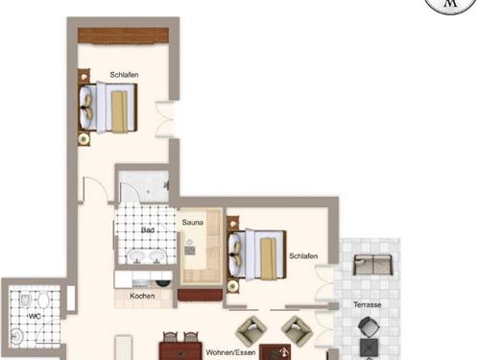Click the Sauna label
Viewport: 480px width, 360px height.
(192, 223)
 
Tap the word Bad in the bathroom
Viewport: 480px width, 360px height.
(147, 231)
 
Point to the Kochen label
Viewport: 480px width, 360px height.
(143, 297)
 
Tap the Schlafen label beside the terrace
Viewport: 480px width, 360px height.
(303, 255)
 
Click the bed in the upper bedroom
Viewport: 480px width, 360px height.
(108, 106)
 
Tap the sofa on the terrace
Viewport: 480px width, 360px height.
(374, 265)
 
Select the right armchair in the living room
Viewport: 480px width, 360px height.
(299, 330)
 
